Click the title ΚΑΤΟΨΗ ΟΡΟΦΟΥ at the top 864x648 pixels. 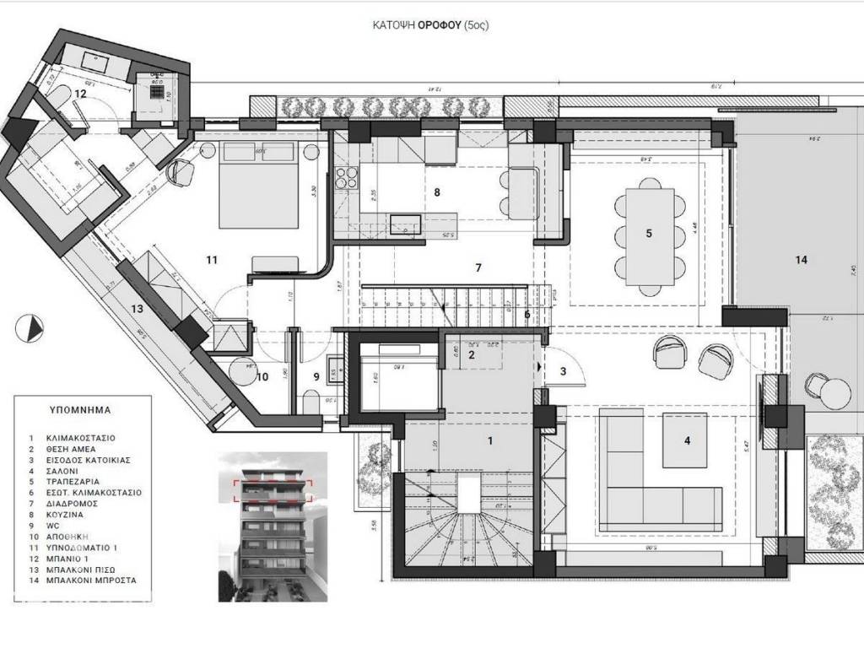click(x=430, y=25)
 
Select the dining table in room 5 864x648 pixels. click(x=649, y=233)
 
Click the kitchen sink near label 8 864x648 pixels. click(x=406, y=224)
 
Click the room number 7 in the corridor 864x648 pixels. click(x=478, y=268)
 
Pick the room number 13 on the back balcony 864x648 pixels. click(x=137, y=309)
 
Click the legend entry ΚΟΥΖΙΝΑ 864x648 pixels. click(x=69, y=514)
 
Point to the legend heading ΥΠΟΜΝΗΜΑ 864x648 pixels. click(x=80, y=411)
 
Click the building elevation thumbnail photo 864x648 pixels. click(x=273, y=527)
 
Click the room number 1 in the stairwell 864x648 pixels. click(x=490, y=440)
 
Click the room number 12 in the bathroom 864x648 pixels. click(x=80, y=94)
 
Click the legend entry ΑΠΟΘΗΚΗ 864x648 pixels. click(x=69, y=536)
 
